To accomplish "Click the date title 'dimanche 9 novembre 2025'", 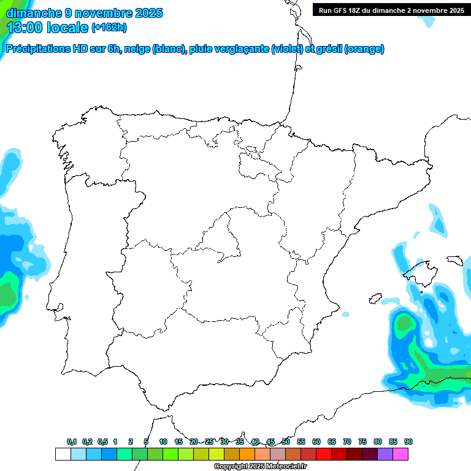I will pyautogui.click(x=84, y=13).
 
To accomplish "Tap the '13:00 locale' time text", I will pyautogui.click(x=47, y=28).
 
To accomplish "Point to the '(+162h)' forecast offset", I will pyautogui.click(x=109, y=28).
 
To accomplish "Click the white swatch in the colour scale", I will pyautogui.click(x=63, y=454).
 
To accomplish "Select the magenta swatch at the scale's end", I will pyautogui.click(x=400, y=454).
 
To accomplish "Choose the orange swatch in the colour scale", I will pyautogui.click(x=247, y=454).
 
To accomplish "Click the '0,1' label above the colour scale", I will pyautogui.click(x=72, y=442).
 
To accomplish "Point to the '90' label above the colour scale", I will pyautogui.click(x=408, y=442).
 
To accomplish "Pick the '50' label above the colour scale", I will pyautogui.click(x=286, y=442).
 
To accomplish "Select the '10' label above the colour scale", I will pyautogui.click(x=163, y=442).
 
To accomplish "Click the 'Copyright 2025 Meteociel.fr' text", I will pyautogui.click(x=260, y=466).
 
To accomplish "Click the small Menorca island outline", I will pyautogui.click(x=456, y=261).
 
